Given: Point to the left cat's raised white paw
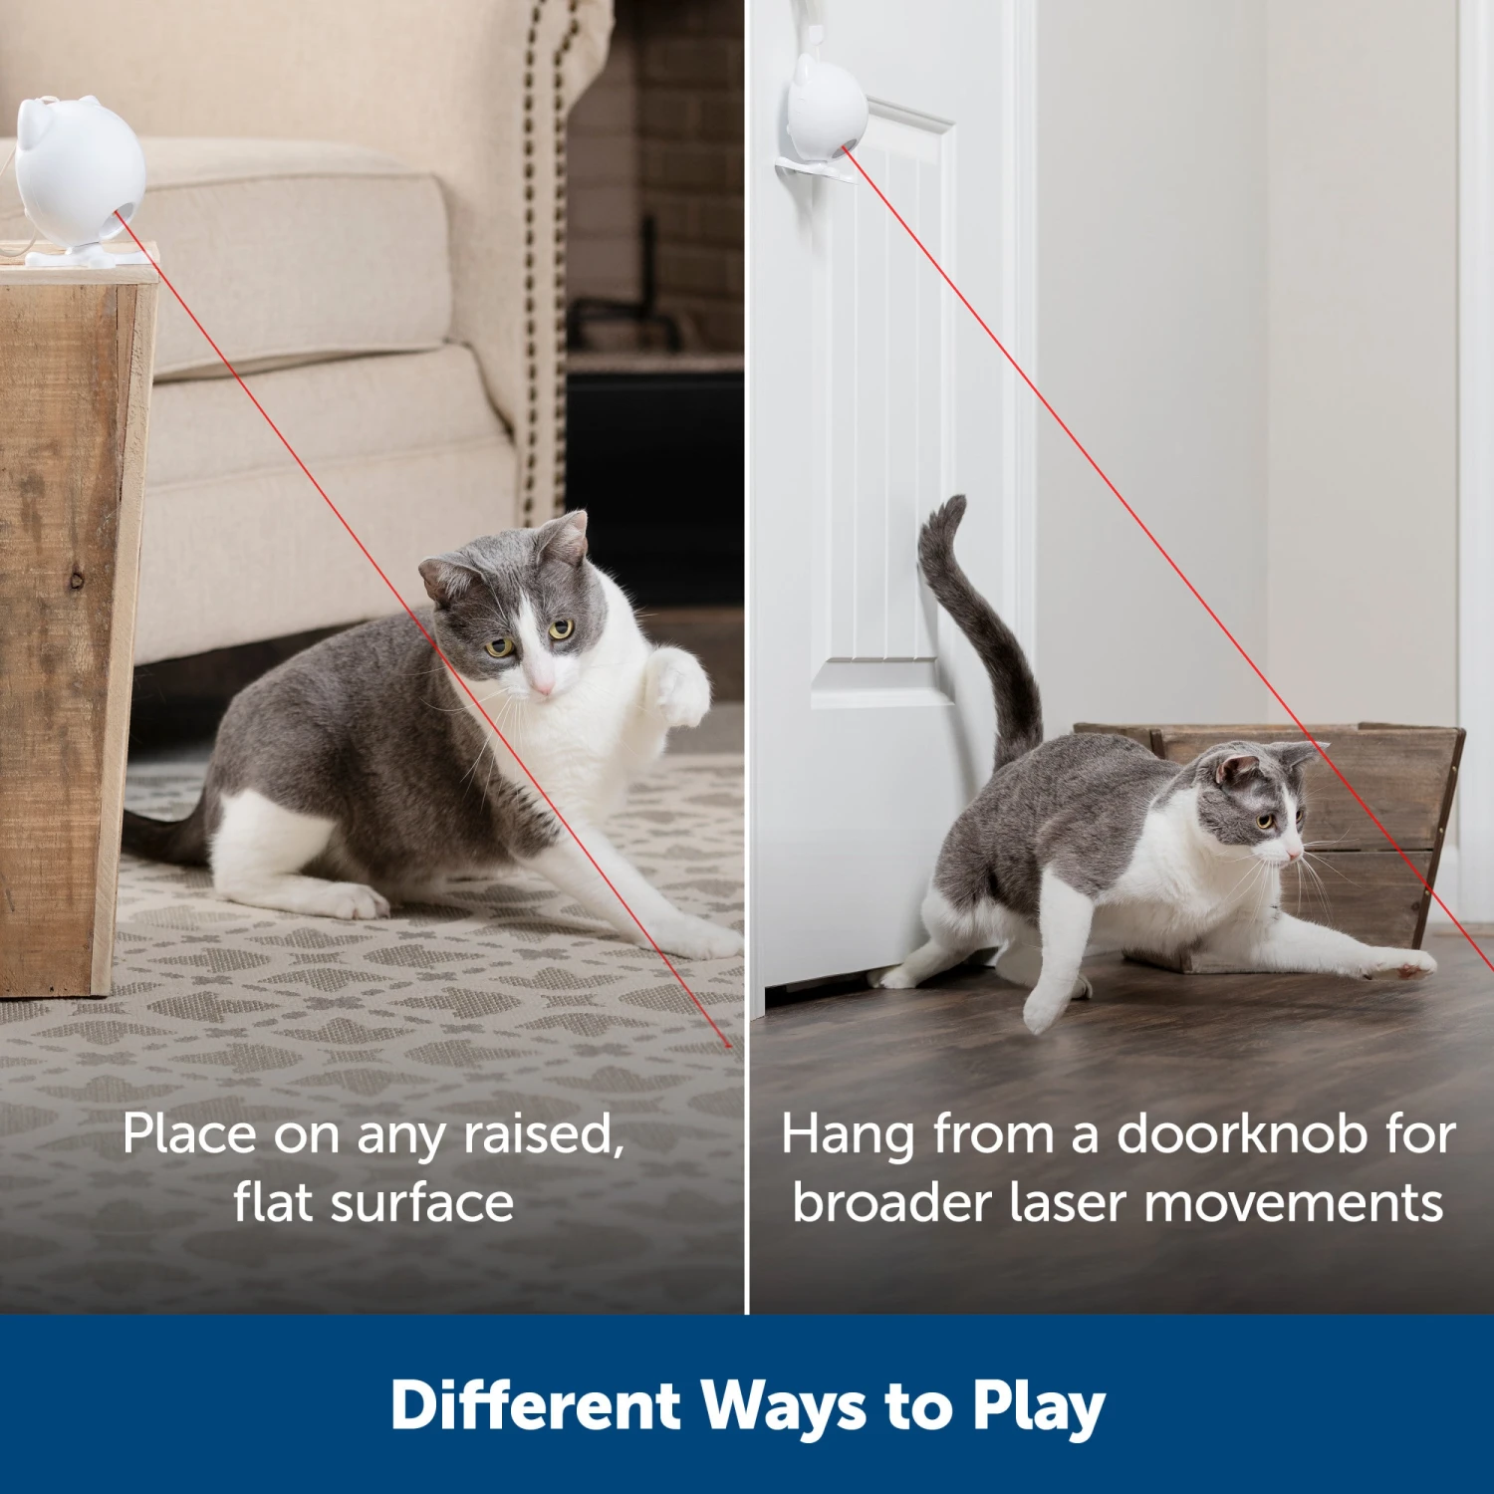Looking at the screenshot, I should click(x=680, y=687).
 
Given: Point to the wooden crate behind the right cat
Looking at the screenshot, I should click(x=1384, y=797).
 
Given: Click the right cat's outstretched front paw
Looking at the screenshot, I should click(x=1409, y=963).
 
